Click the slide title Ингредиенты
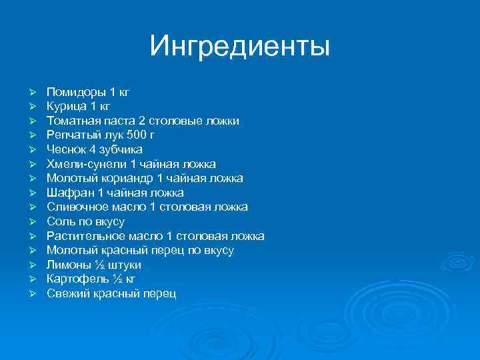(x=239, y=46)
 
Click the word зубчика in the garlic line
(x=123, y=149)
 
